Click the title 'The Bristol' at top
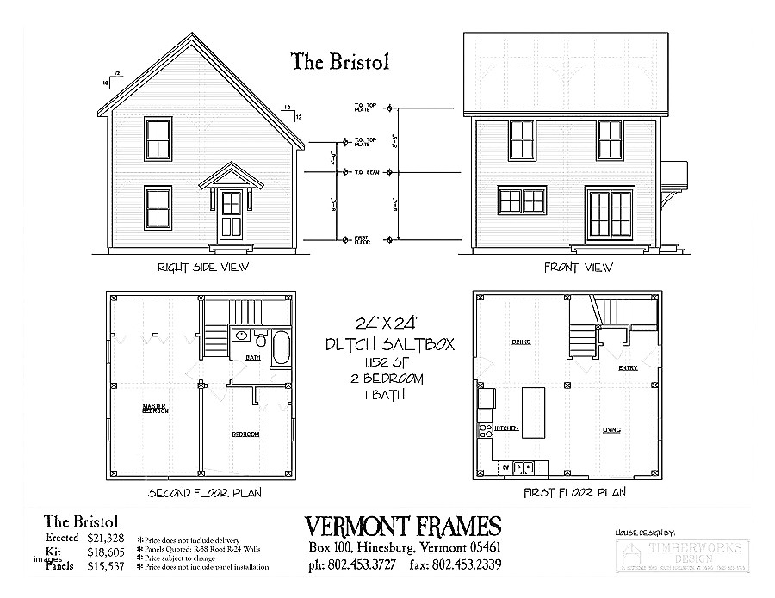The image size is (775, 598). click(x=340, y=61)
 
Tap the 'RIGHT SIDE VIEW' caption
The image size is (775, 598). click(x=202, y=267)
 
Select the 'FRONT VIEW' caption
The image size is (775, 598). click(x=578, y=267)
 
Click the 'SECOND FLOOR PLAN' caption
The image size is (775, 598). click(x=205, y=493)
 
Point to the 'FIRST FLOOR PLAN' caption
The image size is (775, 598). click(x=574, y=493)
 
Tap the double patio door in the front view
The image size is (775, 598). click(x=611, y=214)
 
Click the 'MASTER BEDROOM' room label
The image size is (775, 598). click(x=155, y=410)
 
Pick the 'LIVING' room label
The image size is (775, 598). click(x=612, y=428)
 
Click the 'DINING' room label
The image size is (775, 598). click(x=520, y=342)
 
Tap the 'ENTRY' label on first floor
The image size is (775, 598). click(x=628, y=368)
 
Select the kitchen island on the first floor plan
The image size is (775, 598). click(x=535, y=412)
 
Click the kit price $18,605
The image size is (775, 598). click(x=105, y=552)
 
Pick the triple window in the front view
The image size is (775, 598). click(x=522, y=200)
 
